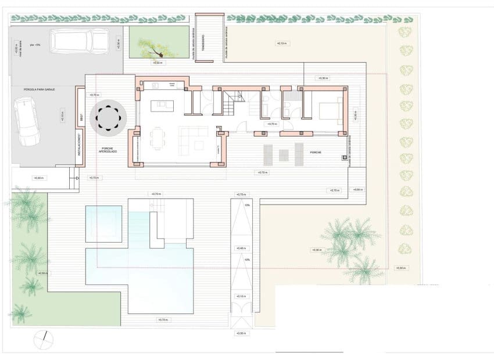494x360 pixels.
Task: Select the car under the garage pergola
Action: coord(27,121)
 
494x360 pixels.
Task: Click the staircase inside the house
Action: coord(228,104)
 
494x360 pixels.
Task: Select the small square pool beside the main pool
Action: coord(103,224)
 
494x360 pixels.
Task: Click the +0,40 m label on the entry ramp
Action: coord(242,249)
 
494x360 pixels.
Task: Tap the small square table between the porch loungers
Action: coord(284,155)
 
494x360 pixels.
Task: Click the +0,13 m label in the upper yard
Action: coord(281,44)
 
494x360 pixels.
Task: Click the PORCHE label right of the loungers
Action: coord(315,153)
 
